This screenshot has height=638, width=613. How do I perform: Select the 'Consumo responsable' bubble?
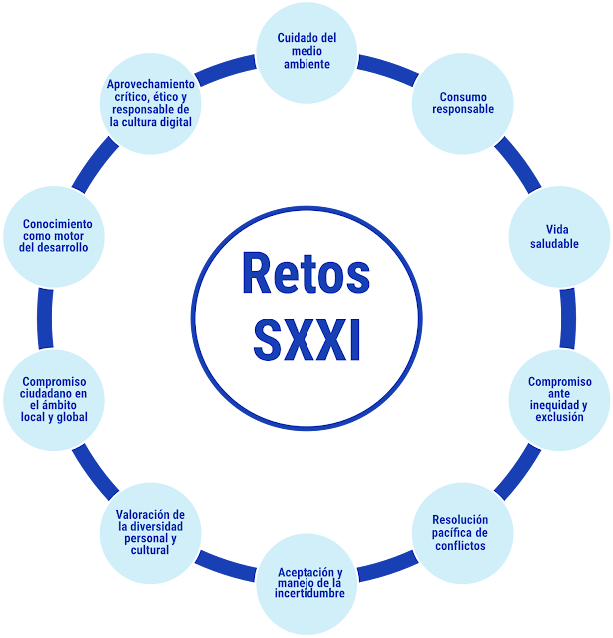(462, 103)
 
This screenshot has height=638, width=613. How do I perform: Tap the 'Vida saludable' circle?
(555, 237)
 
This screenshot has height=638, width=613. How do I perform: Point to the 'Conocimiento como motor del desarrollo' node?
(55, 236)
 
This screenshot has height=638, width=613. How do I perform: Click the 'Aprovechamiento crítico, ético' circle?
(150, 104)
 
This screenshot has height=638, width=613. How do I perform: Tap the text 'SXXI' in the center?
(306, 339)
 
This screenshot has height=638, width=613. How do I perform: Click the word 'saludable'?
(555, 244)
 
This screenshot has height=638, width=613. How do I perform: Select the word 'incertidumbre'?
(311, 593)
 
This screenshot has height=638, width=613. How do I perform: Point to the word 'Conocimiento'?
(56, 224)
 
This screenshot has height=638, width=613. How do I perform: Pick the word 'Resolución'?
(460, 520)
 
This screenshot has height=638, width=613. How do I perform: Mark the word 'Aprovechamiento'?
(150, 85)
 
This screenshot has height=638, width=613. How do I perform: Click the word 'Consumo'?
(462, 97)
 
